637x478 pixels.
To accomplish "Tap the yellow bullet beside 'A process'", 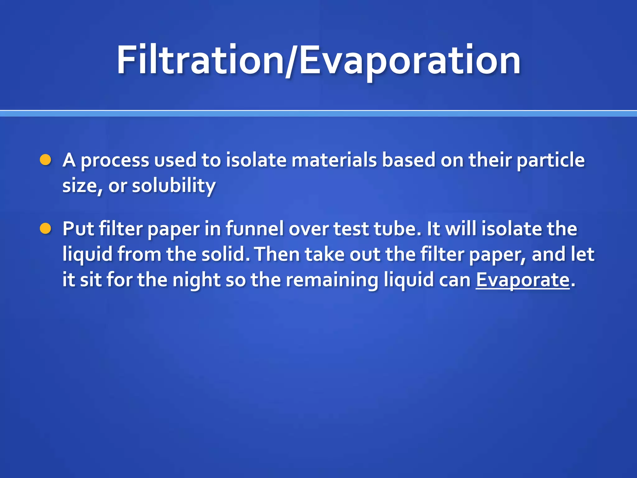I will pos(46,160).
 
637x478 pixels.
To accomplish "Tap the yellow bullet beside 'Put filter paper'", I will pos(46,229).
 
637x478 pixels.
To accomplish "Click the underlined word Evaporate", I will pos(523,279).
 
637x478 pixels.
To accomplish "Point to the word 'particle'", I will pos(551,160).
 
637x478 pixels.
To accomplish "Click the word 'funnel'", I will pos(255,229).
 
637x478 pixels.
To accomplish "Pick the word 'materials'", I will pos(334,160).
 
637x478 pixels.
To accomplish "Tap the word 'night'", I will pos(196,279).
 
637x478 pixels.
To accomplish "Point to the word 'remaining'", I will pos(332,279).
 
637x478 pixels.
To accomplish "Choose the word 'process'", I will pos(115,161).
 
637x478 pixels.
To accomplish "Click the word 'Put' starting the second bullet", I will pos(78,229).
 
